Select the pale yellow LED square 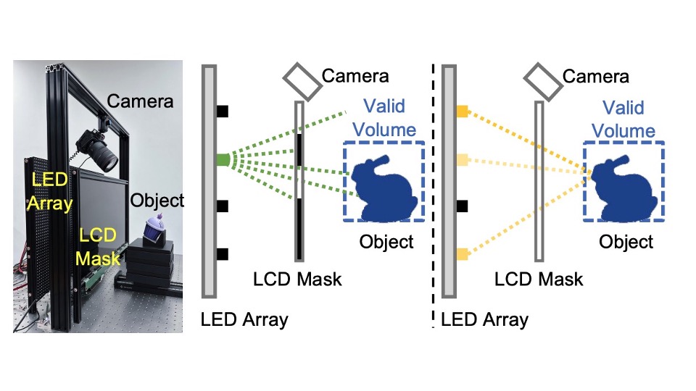(462, 159)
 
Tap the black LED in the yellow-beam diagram (462, 206)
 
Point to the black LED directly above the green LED (223, 111)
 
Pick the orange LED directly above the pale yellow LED (462, 111)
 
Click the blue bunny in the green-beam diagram (381, 186)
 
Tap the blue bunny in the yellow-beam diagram (621, 186)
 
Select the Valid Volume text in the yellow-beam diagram (622, 120)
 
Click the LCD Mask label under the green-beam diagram (297, 278)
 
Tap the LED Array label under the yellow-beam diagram (484, 319)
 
